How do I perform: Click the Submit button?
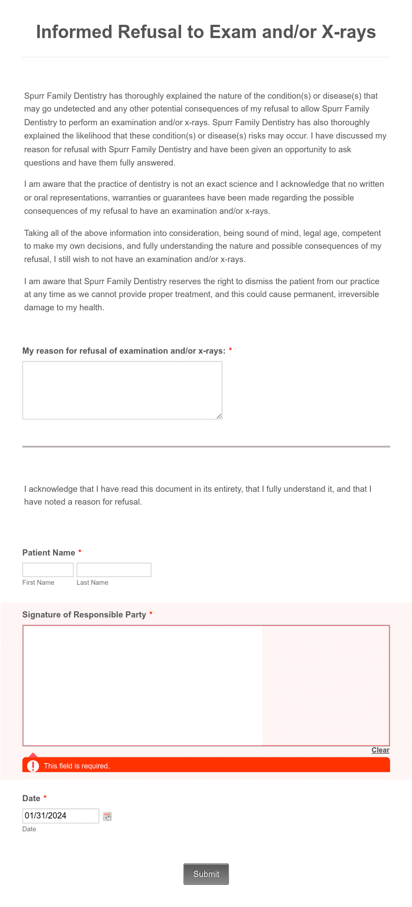206,874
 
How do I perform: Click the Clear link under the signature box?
380,750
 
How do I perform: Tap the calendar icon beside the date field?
107,816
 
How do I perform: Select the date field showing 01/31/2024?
61,816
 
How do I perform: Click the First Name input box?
48,570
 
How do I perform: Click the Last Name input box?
114,570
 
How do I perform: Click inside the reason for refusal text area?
122,390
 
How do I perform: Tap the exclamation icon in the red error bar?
33,766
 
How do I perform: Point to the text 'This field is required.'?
77,766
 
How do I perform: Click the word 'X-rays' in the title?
349,32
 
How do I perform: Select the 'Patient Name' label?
49,552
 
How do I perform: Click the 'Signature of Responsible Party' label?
84,614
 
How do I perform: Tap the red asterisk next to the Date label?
45,797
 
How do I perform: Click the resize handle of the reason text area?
219,416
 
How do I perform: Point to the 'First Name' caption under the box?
38,583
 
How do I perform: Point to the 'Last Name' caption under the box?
92,583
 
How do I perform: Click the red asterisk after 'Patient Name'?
80,552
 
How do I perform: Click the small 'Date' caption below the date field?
29,829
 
